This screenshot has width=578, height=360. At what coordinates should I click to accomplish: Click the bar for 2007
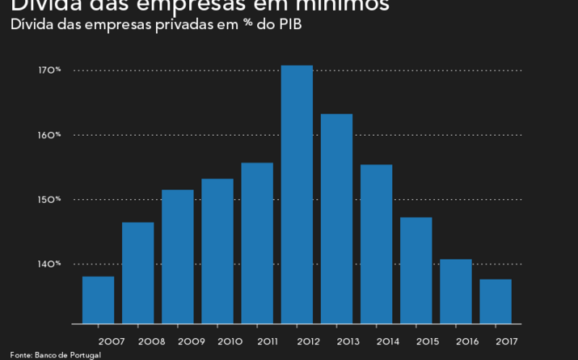click(x=98, y=300)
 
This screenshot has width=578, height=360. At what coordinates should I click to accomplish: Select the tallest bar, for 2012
click(x=297, y=194)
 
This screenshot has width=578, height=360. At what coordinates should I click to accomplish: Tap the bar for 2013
click(x=336, y=218)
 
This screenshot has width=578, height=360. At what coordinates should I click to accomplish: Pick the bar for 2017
click(x=496, y=301)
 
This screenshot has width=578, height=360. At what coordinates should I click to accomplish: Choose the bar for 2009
click(x=178, y=256)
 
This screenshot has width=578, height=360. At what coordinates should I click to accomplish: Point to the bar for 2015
click(x=416, y=270)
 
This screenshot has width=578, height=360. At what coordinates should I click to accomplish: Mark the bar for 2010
click(x=217, y=251)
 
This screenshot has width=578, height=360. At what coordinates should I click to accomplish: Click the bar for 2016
click(x=456, y=291)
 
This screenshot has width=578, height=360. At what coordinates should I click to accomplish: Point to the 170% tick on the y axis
click(x=49, y=70)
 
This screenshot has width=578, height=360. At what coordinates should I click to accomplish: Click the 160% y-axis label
click(x=49, y=135)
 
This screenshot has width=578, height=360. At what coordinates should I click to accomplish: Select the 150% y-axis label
click(x=49, y=200)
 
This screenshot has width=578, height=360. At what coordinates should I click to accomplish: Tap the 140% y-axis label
click(x=49, y=264)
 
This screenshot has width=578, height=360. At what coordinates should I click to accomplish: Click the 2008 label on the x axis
click(x=151, y=341)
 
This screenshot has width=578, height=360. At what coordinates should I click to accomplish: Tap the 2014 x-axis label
click(x=388, y=341)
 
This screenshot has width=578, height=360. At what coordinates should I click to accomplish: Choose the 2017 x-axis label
click(x=507, y=341)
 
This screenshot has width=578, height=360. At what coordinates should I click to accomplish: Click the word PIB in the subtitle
click(x=291, y=24)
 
